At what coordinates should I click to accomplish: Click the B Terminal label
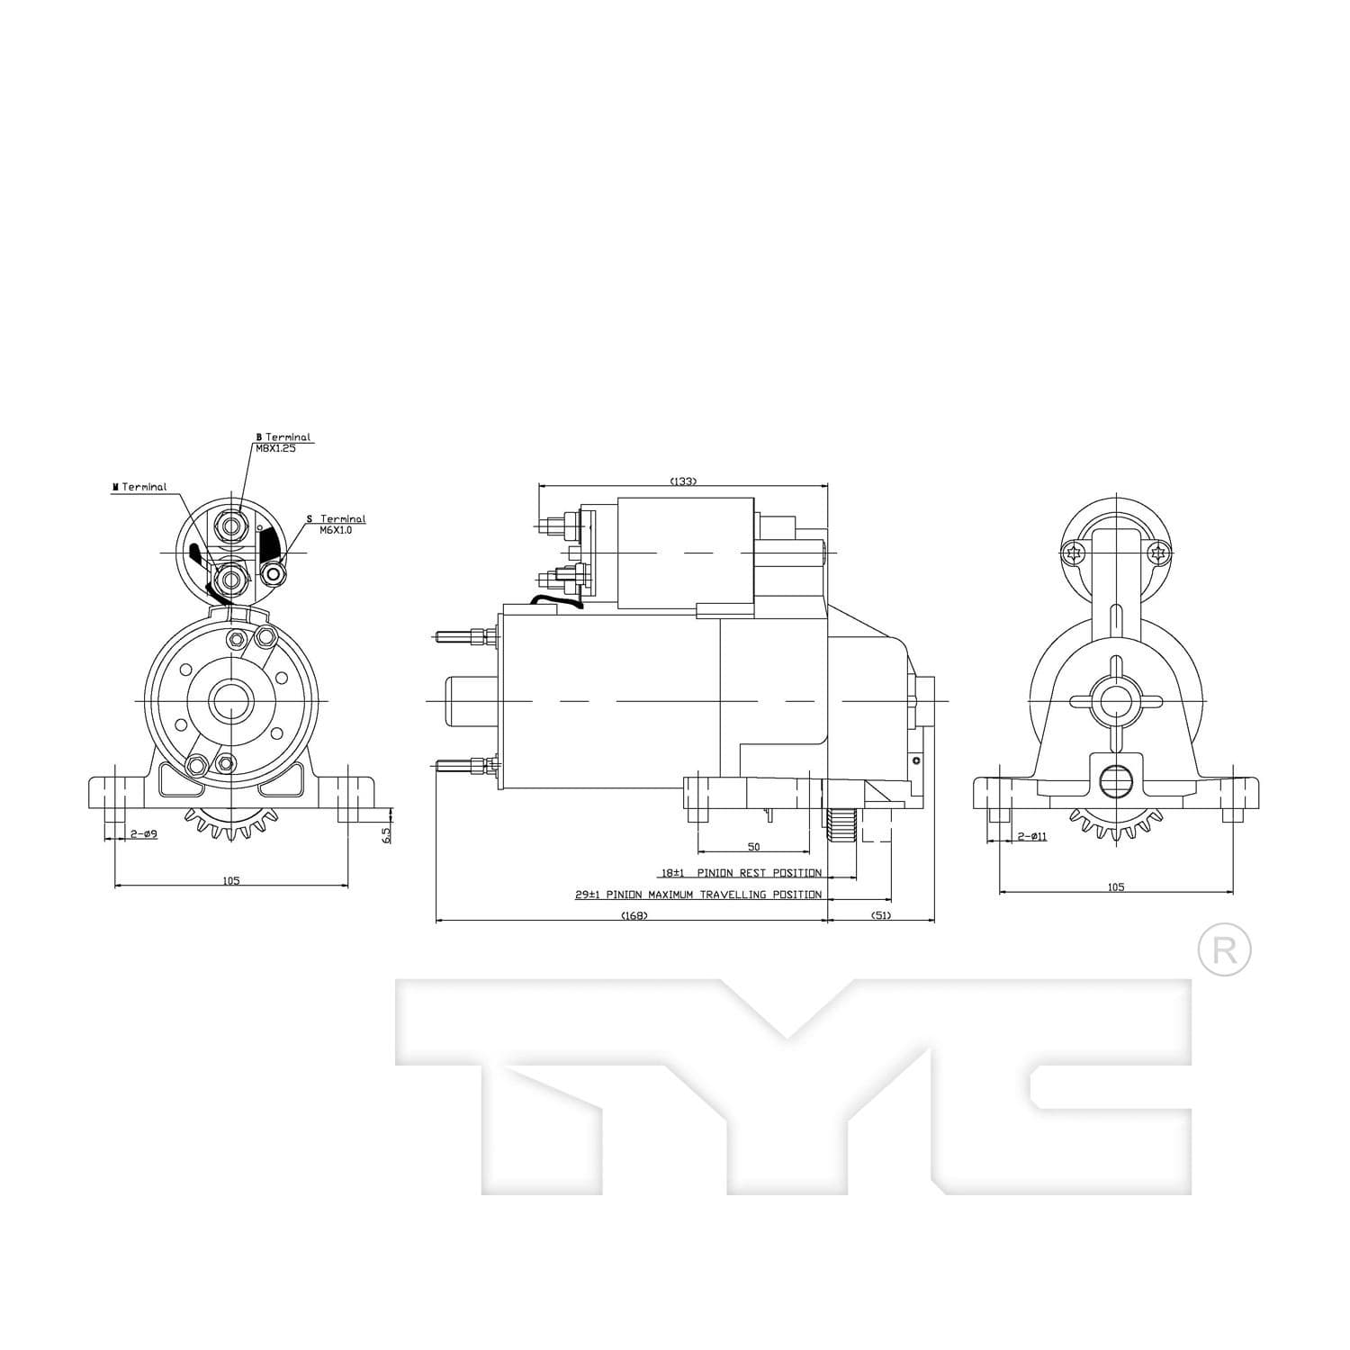click(x=283, y=436)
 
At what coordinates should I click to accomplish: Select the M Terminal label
click(x=139, y=487)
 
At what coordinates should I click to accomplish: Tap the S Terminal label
click(x=336, y=519)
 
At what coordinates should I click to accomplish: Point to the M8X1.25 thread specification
click(x=275, y=447)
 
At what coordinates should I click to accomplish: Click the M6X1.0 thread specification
click(x=336, y=530)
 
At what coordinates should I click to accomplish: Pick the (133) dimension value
click(x=683, y=481)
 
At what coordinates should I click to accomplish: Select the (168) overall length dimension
click(x=634, y=915)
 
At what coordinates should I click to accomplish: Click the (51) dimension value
click(x=881, y=915)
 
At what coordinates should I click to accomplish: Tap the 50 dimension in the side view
click(x=754, y=847)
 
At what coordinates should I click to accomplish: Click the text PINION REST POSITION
click(x=759, y=873)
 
